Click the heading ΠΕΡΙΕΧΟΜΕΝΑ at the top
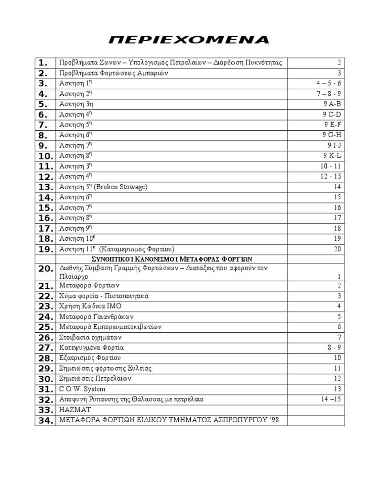coord(189,39)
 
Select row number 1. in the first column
coord(43,63)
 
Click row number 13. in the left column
coord(45,187)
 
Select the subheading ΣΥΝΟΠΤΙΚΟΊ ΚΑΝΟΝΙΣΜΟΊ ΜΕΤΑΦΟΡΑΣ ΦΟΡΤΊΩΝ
coord(171,259)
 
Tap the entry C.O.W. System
coord(82,389)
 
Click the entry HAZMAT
coord(75,410)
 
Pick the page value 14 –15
coord(328,399)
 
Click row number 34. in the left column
coord(45,420)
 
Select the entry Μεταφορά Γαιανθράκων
coord(96,317)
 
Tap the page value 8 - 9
coord(334,348)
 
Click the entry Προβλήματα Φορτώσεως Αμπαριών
coord(113,73)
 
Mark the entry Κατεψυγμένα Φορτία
coord(91,348)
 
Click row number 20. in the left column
coord(45,269)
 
